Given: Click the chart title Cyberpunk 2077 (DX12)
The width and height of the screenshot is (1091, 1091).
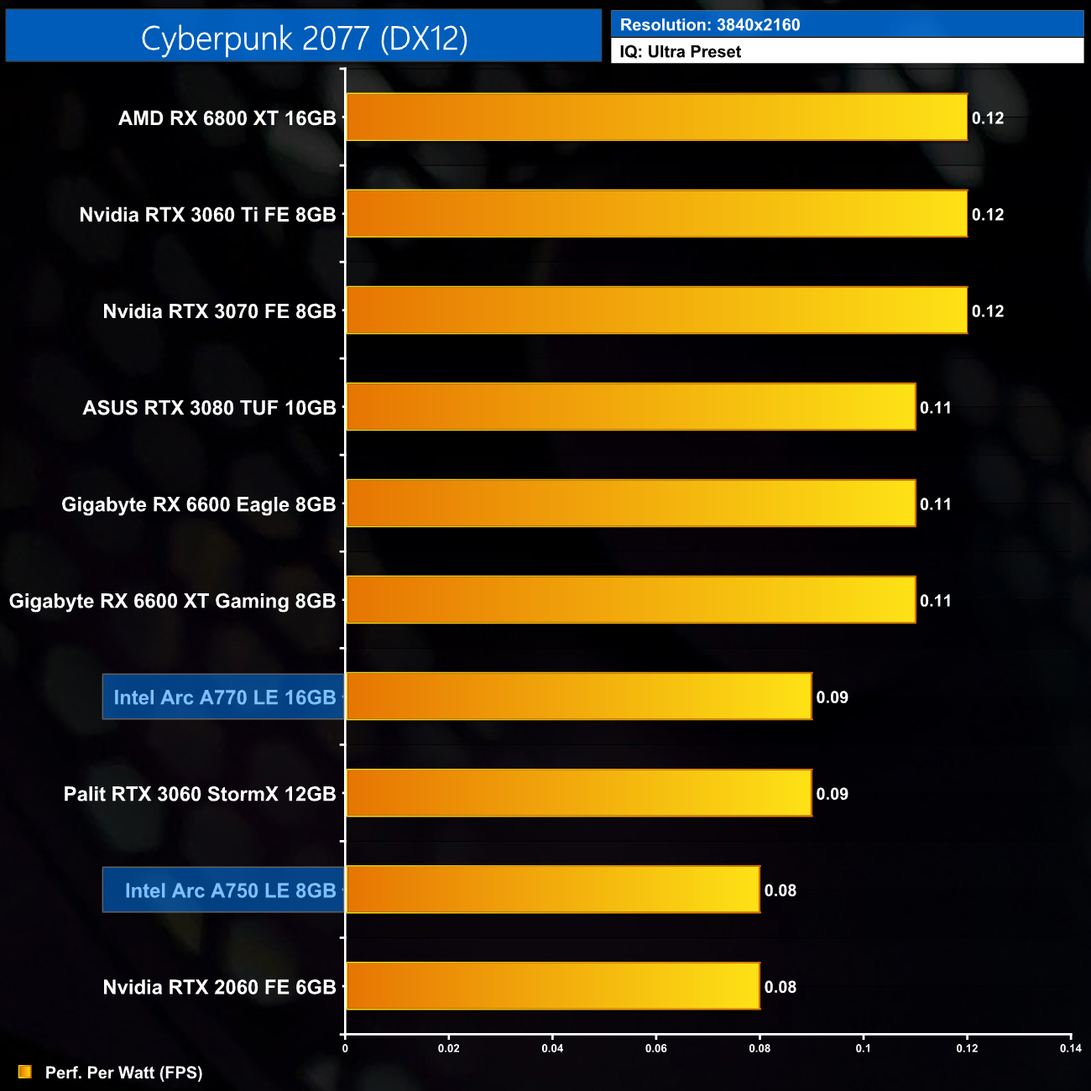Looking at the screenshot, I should (304, 38).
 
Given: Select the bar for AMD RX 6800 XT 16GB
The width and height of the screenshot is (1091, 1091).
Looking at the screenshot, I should (656, 117).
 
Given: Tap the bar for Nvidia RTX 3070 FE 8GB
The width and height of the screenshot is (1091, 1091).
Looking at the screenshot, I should (656, 311).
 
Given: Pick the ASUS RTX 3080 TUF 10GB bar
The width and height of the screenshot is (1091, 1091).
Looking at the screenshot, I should (630, 407).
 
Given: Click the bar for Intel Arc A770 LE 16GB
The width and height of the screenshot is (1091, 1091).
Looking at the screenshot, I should (578, 697).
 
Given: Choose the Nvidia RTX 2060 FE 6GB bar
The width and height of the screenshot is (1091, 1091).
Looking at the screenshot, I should (552, 986).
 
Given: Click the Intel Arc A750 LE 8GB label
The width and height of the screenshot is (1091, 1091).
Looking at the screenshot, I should (230, 890).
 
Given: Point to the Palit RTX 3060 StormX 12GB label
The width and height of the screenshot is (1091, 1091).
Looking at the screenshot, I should (200, 794).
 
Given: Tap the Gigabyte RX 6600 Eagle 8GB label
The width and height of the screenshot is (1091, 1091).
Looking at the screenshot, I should (198, 504).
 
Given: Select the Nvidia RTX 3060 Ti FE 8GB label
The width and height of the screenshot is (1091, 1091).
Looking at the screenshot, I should (207, 215).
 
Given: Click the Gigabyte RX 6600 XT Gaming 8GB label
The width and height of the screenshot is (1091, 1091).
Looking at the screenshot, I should (172, 601).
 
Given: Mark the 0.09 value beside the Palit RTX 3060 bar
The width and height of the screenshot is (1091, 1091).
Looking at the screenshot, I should (832, 794).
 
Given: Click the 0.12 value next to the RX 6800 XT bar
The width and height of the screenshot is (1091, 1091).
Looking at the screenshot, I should (988, 118).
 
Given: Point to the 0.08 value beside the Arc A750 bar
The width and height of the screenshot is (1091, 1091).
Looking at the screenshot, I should (780, 890).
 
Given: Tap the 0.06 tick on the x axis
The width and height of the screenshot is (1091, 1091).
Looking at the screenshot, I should (655, 1048).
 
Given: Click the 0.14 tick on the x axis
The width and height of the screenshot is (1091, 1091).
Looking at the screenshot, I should (1070, 1048).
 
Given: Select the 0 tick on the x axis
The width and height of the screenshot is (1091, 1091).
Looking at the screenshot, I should (345, 1048).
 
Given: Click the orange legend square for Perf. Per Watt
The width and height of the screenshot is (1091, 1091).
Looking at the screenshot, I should (25, 1072).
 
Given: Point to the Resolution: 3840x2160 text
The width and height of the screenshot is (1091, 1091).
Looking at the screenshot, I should (710, 25).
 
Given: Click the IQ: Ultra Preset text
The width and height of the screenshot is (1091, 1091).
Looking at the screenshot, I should (680, 52).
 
